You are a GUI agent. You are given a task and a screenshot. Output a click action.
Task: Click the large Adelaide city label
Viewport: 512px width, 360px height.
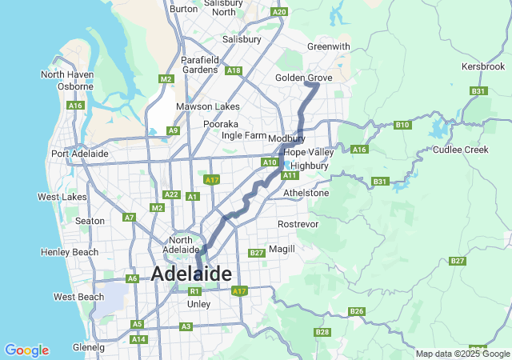pyautogui.click(x=191, y=274)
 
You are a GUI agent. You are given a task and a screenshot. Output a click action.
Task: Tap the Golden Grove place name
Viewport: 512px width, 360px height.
pyautogui.click(x=303, y=78)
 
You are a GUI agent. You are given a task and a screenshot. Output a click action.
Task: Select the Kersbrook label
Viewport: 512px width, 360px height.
pyautogui.click(x=483, y=66)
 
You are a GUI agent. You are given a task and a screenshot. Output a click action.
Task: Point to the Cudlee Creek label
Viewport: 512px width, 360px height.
pyautogui.click(x=460, y=150)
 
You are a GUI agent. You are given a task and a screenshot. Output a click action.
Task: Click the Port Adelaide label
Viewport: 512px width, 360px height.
pyautogui.click(x=79, y=154)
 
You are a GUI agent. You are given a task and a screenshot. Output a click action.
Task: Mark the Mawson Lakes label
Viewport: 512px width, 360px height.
pyautogui.click(x=207, y=106)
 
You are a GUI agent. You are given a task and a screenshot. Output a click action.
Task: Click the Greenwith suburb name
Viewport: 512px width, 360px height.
pyautogui.click(x=329, y=46)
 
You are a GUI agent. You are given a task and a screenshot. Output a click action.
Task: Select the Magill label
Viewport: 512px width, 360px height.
pyautogui.click(x=282, y=249)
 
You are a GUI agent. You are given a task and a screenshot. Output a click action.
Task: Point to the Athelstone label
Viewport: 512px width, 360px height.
pyautogui.click(x=306, y=193)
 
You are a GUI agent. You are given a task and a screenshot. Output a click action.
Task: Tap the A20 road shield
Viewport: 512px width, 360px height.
pyautogui.click(x=278, y=12)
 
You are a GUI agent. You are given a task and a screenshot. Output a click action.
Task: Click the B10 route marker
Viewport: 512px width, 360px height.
pyautogui.click(x=402, y=125)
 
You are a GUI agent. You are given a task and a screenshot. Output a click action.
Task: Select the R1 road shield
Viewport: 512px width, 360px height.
pyautogui.click(x=194, y=291)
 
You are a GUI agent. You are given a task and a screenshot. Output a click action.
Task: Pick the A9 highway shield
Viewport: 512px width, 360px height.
pyautogui.click(x=173, y=130)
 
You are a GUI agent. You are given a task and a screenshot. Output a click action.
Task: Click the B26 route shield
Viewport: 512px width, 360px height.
pyautogui.click(x=357, y=311)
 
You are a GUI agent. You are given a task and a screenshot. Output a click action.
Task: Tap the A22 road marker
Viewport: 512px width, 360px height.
pyautogui.click(x=170, y=194)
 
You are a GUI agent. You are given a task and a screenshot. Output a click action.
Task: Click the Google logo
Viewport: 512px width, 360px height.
pyautogui.click(x=26, y=350)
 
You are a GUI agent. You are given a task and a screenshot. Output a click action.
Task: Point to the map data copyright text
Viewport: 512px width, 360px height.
pyautogui.click(x=462, y=354)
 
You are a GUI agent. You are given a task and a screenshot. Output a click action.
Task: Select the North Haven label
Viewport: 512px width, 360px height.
pyautogui.click(x=67, y=74)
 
